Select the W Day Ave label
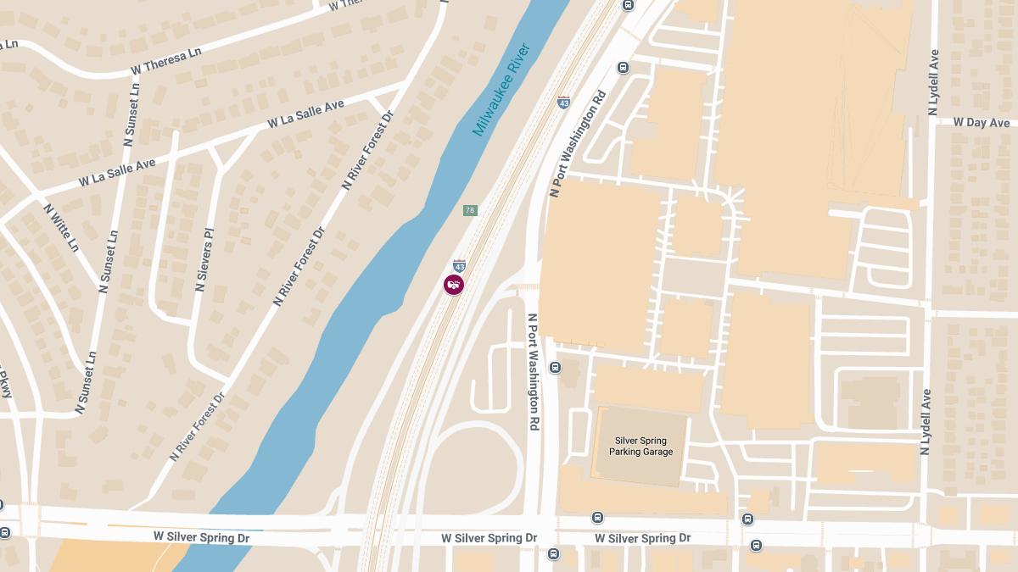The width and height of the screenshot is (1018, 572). [981, 123]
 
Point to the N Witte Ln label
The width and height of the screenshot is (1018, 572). [61, 228]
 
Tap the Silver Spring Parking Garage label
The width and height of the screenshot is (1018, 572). [640, 447]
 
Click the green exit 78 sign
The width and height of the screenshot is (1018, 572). [470, 210]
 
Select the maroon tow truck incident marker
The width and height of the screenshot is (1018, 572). [454, 285]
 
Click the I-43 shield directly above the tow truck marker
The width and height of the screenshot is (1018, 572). [459, 265]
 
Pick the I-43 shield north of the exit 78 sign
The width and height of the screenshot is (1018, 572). [563, 102]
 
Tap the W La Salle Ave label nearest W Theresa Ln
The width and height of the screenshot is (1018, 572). [305, 114]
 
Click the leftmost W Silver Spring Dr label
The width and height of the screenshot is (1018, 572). [193, 537]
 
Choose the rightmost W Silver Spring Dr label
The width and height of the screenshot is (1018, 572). [642, 538]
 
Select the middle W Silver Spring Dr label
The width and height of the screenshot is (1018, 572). [489, 538]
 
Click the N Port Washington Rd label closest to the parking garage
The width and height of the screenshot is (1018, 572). [534, 372]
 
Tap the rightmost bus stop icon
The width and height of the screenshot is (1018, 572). [755, 545]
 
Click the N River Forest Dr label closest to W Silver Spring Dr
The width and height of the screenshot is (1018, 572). [197, 426]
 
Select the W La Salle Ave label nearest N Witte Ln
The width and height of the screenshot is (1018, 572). [117, 172]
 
